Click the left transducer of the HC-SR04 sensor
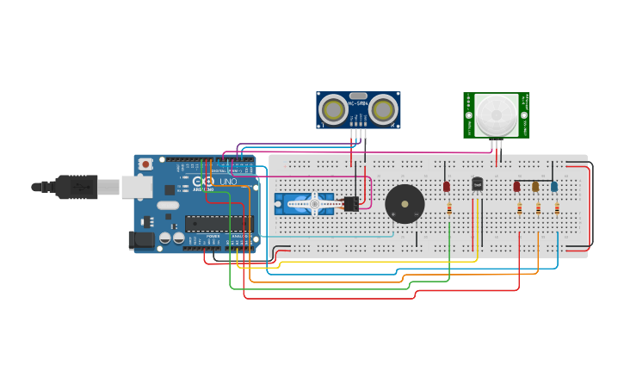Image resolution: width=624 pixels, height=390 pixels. (x=332, y=109)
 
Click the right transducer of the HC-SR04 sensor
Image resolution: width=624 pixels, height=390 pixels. (x=384, y=109)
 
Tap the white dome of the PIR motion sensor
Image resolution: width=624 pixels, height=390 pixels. (x=497, y=114)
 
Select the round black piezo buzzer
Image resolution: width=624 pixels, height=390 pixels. (x=405, y=204)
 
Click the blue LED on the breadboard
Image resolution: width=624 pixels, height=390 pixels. (x=554, y=186)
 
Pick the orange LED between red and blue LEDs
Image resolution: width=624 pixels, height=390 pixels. (x=535, y=186)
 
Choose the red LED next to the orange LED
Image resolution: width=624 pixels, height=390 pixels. (x=516, y=186)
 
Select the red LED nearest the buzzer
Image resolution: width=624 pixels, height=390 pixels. (x=447, y=186)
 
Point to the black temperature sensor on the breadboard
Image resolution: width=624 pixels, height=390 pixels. (x=477, y=183)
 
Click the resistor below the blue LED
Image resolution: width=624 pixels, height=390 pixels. (x=557, y=207)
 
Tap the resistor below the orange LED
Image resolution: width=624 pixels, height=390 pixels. (x=538, y=207)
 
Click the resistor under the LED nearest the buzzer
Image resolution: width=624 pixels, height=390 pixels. (x=449, y=207)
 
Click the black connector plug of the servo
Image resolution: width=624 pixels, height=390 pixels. (x=350, y=204)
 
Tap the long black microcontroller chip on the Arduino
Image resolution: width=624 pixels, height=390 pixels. (x=219, y=224)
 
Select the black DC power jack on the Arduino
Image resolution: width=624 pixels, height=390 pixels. (x=140, y=240)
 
